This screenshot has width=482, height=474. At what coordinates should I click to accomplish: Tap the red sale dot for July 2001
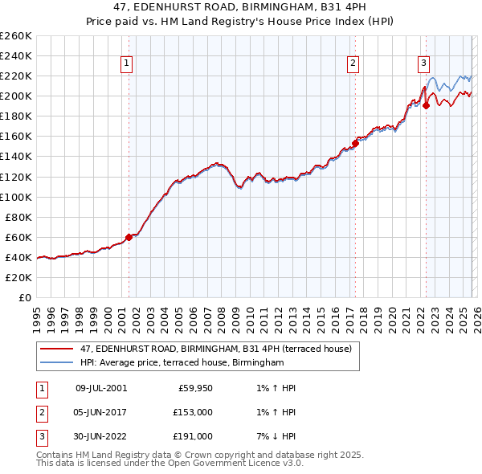(129, 237)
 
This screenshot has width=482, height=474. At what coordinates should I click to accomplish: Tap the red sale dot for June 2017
(354, 143)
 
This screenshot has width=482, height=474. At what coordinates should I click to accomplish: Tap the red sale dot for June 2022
(426, 105)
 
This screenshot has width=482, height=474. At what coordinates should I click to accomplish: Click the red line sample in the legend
(57, 349)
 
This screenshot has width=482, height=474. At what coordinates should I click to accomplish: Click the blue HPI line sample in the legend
(57, 362)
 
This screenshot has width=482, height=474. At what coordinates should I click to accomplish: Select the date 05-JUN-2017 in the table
(100, 412)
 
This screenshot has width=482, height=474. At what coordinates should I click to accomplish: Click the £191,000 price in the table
(192, 436)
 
